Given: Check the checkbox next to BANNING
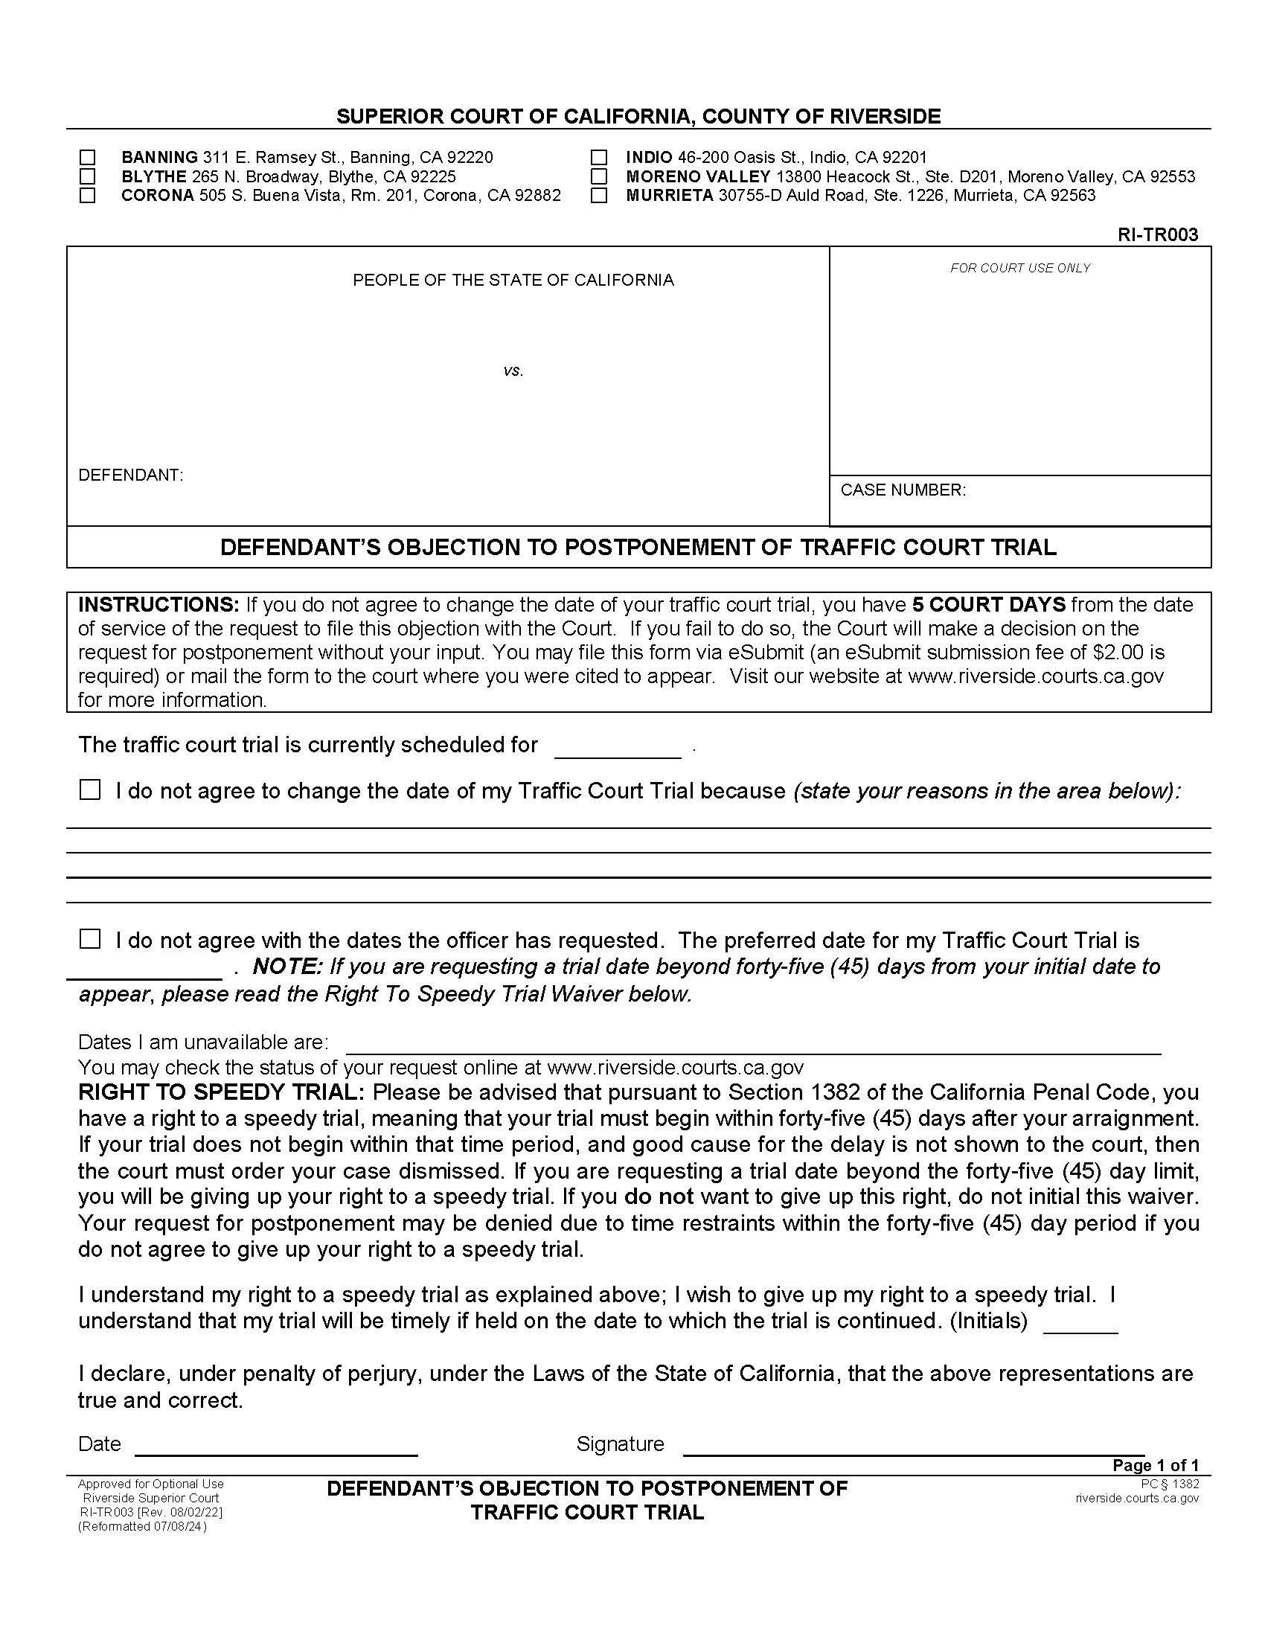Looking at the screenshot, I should pos(88,158).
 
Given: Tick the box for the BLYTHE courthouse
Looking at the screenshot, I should pos(88,176).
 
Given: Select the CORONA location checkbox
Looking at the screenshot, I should pos(88,196).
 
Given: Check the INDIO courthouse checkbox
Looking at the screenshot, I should pos(599,158).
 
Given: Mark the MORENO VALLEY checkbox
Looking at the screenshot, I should pos(599,176).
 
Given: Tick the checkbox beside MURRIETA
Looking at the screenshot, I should pos(599,196).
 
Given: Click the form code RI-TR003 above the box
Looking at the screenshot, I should pos(1157,234).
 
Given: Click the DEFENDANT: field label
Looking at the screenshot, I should pos(130,475).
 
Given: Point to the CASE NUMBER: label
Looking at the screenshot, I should pos(903,490).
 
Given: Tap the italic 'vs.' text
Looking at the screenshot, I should pos(513,371).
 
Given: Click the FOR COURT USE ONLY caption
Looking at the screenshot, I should pos(1020,269).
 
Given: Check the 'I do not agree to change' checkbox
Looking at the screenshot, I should pos(90,790).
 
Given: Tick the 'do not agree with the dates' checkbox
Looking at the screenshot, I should pos(90,939).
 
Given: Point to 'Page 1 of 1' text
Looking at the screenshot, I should pos(1155,1465).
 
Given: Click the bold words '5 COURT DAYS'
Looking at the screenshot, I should pos(988,605).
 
